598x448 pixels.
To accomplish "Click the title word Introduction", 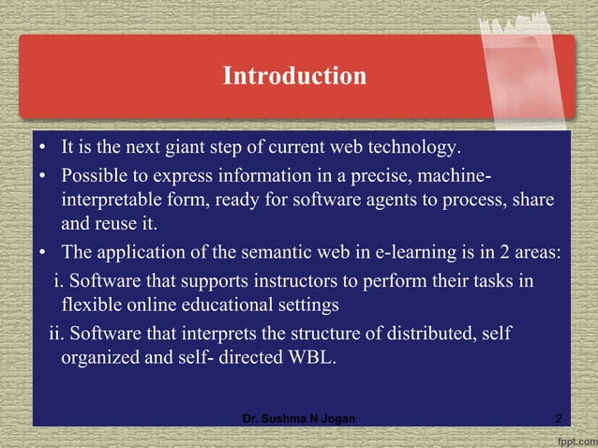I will click(294, 76).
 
